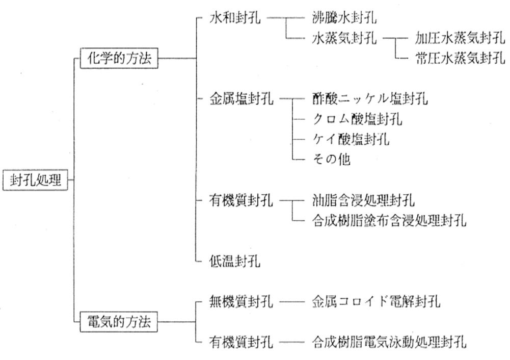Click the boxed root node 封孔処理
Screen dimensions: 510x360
35,180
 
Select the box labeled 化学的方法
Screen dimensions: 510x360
119,58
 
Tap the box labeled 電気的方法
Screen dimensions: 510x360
119,322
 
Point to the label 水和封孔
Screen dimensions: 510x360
235,18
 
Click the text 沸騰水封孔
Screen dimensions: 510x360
344,18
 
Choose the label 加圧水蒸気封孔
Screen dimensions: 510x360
460,38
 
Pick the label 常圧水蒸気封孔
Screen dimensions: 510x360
460,58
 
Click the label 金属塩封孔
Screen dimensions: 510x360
241,98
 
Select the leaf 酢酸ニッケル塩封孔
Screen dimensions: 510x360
370,98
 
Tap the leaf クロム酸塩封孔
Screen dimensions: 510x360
357,119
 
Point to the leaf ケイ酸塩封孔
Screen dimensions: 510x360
351,139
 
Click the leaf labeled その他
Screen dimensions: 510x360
331,160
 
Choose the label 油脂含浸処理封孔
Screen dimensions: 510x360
363,200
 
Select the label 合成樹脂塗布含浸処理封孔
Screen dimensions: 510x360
389,220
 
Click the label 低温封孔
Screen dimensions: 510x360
235,261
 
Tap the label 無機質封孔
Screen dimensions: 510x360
241,302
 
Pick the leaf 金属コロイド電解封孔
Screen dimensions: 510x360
376,302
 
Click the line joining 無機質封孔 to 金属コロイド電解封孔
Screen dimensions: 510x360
292,302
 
